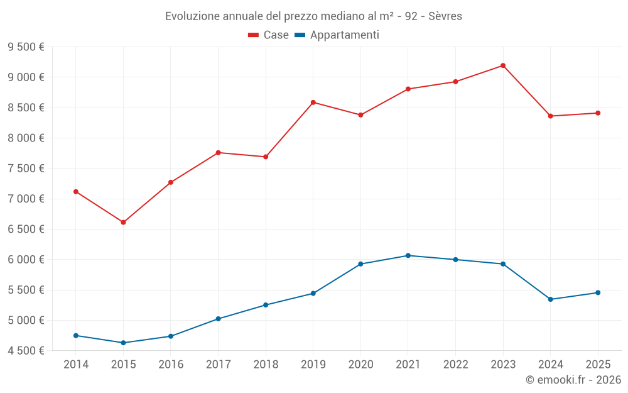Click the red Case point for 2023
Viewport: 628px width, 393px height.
(503, 65)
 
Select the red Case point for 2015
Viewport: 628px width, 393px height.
(123, 222)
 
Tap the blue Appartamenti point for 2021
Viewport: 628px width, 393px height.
(408, 255)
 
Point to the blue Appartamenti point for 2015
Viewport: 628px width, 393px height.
(123, 343)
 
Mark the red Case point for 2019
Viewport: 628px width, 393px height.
(313, 102)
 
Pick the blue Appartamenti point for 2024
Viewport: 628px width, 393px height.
(551, 299)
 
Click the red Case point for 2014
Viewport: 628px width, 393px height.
(76, 192)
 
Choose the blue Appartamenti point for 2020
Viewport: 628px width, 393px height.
(360, 264)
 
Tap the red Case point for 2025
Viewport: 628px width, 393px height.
(598, 113)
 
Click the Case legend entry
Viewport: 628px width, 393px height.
(269, 35)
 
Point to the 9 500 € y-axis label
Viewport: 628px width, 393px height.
(26, 47)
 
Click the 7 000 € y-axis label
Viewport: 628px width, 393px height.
(26, 199)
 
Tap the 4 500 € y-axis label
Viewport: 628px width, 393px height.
(26, 351)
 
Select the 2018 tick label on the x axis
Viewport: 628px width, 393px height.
(266, 364)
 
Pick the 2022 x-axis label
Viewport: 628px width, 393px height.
(455, 364)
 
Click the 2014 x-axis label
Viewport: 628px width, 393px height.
(76, 364)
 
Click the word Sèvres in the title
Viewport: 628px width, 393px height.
(445, 16)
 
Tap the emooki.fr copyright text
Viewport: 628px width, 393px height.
(573, 380)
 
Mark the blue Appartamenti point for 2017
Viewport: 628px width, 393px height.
(218, 319)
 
